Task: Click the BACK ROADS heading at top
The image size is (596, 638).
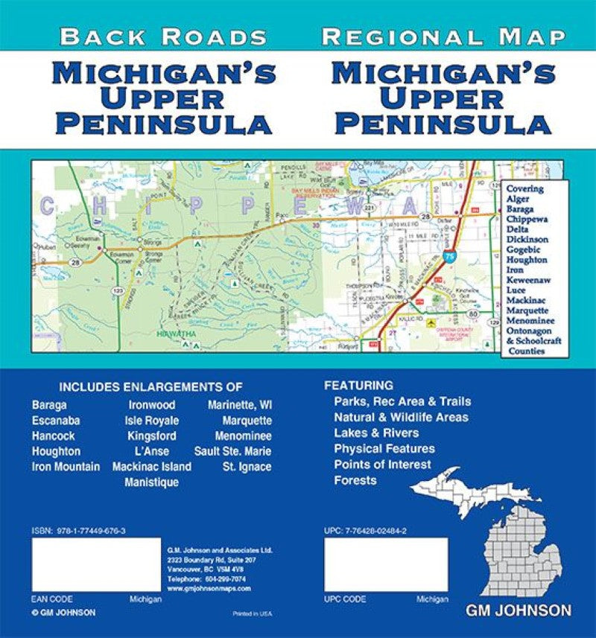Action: pos(163,36)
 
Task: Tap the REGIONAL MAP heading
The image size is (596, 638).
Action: pos(444,36)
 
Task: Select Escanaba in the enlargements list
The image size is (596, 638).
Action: pos(56,421)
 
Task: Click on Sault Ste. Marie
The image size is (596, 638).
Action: pos(233,452)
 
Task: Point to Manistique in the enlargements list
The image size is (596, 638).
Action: pos(150,482)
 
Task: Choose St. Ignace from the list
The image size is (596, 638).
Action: pos(247,467)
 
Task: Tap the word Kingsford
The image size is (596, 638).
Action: pos(151,436)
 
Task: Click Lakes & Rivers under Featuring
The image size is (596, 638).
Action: pos(376,433)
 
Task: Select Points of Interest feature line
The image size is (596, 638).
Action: pos(382,464)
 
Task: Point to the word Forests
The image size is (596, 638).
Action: pos(355,480)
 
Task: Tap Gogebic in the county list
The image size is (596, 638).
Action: pos(527,249)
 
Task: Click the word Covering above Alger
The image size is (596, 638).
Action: pos(525,189)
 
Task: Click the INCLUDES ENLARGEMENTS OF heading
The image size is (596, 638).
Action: pos(151,387)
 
